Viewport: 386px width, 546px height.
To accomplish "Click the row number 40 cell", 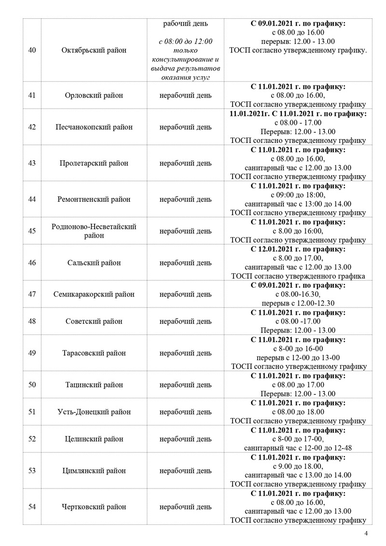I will pos(32,50).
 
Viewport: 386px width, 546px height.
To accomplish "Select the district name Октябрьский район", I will pos(95,50).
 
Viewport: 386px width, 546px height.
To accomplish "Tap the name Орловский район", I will pos(94,95).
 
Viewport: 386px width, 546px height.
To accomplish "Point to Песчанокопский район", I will pos(94,127).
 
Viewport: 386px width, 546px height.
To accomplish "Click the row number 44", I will pos(32,199).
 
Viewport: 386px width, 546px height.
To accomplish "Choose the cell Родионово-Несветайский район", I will pos(94,231).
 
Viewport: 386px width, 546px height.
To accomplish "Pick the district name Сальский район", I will pos(94,263).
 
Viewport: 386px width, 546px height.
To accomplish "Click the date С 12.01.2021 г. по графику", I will pos(298,250).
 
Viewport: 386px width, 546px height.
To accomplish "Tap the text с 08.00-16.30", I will pos(298,294).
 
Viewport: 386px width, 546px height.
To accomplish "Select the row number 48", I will pos(32,321).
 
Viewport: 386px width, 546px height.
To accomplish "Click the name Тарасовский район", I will pos(94,353).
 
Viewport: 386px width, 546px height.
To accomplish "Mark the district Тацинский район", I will pos(94,385).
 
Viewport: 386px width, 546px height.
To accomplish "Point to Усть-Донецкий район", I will pos(94,412).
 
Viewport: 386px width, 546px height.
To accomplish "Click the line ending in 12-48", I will pos(298,448).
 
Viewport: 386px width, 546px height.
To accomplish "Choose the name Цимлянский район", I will pos(94,471).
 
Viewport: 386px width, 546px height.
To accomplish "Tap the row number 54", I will pos(32,507).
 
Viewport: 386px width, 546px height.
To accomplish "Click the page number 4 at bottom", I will pos(366,533).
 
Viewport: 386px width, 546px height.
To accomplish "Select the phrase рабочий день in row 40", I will pos(185,23).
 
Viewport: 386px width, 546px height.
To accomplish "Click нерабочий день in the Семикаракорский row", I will pos(185,294).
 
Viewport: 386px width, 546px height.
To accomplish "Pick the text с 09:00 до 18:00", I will pos(298,195).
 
